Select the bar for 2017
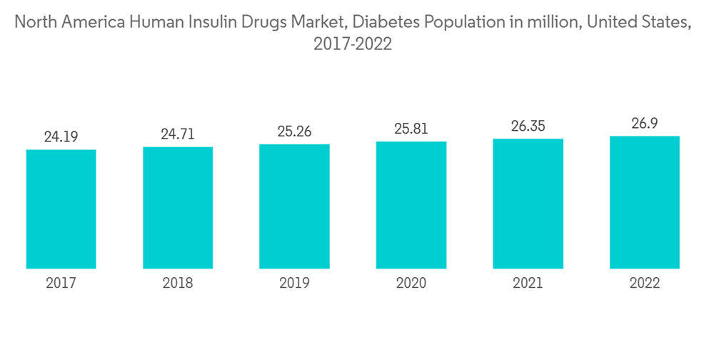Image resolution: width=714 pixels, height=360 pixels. click(61, 209)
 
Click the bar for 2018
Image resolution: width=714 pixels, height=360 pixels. click(178, 207)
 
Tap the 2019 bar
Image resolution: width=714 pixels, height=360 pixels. click(294, 206)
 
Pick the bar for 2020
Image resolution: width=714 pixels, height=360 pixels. click(411, 204)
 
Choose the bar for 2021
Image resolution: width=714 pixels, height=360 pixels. click(528, 203)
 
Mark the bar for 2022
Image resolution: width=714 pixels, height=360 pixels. click(645, 201)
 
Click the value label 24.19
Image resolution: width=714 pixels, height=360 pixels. click(61, 136)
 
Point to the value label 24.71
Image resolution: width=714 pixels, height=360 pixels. click(178, 133)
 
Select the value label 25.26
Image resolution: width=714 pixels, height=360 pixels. click(294, 131)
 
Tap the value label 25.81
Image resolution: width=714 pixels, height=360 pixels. click(411, 128)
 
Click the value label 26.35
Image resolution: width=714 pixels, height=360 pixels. click(528, 126)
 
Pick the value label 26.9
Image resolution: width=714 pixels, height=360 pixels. click(645, 123)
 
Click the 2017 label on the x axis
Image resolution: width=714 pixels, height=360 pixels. click(61, 284)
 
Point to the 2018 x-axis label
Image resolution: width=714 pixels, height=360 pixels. click(178, 284)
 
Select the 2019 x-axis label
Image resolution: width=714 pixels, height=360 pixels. click(294, 284)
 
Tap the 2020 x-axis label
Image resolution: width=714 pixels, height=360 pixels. click(411, 284)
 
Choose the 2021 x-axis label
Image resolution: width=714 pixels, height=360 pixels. click(528, 284)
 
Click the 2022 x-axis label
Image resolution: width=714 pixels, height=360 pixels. click(645, 284)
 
